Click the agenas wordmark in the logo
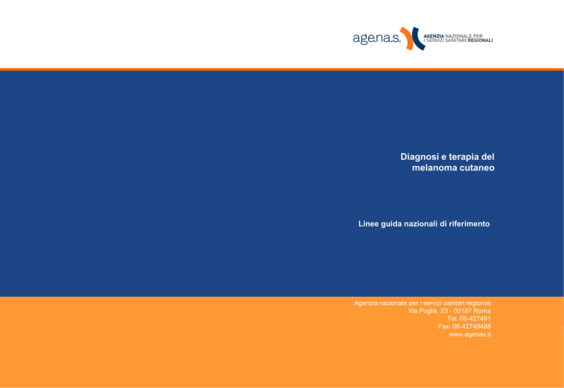pos(376,38)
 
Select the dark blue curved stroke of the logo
pos(418,38)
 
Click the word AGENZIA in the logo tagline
pos(434,36)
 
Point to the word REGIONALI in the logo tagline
pos(480,40)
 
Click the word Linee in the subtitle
pos(368,224)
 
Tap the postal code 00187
pos(463,311)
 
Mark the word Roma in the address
pos(482,311)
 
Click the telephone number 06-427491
pos(475,318)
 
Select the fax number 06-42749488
pos(471,326)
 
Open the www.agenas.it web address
pos(470,334)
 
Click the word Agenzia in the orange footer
pos(366,303)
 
